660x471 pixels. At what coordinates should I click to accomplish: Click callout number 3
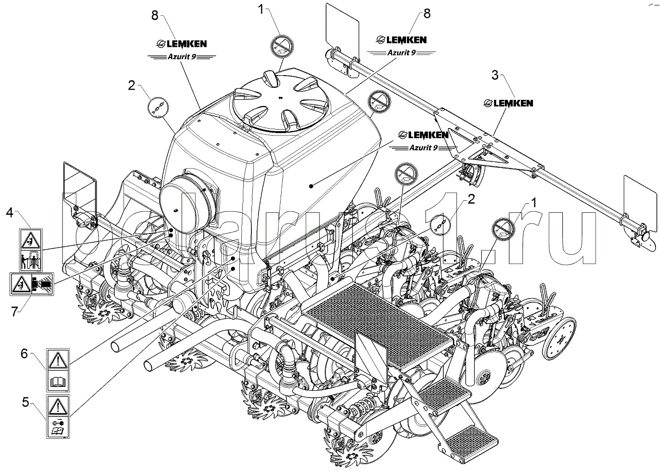pos(495,76)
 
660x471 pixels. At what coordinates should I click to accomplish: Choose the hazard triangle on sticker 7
pos(20,284)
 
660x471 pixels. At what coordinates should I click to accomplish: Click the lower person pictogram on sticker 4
pos(31,260)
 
